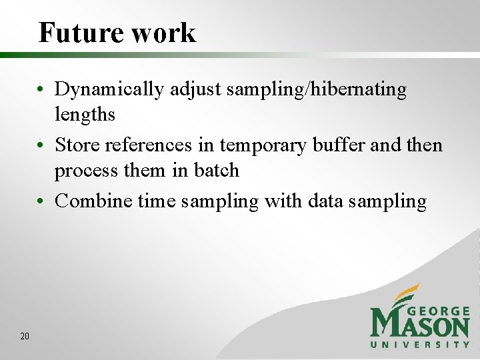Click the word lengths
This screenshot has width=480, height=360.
pos(85,115)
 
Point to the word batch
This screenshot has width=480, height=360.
pos(216,171)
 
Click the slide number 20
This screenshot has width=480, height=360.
pos(25,337)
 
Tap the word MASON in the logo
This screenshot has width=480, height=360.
pos(420,325)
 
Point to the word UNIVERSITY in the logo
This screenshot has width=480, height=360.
pos(420,345)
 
